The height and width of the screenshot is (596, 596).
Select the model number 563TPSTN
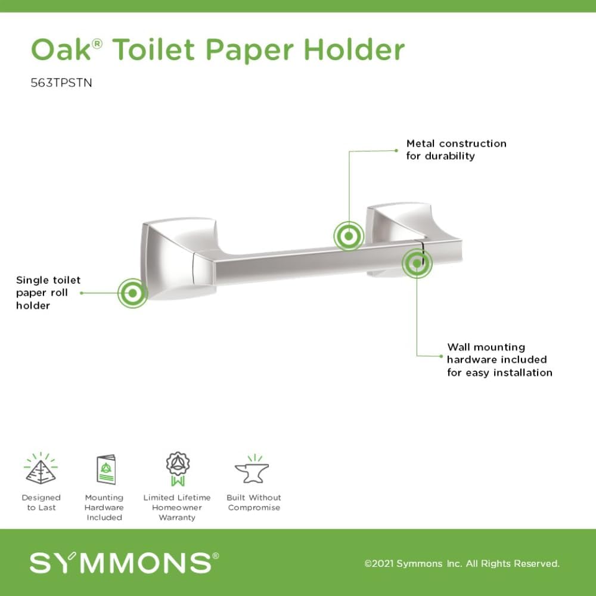coord(61,83)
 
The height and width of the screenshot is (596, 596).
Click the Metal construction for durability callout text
coord(456,150)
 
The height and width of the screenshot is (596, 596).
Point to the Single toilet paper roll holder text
coord(48,293)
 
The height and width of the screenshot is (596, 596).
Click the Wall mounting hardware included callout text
coord(499,359)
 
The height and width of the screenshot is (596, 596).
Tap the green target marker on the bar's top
coord(349,236)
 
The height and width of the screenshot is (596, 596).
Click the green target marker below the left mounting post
coord(132,293)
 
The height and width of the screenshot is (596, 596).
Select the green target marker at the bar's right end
coord(417,263)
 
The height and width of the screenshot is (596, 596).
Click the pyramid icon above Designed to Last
coord(41,468)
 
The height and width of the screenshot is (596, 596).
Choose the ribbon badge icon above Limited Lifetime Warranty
coord(176,470)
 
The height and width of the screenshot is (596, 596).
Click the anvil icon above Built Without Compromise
coord(252,470)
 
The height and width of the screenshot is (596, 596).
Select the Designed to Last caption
coord(41,502)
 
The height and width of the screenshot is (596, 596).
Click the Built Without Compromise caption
coord(254,502)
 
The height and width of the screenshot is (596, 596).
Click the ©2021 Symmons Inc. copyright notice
coord(462,564)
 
